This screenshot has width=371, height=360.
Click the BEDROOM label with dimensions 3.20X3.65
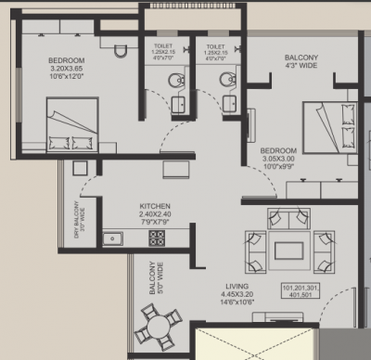tap(67, 62)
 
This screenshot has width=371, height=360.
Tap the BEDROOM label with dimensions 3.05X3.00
tap(278, 149)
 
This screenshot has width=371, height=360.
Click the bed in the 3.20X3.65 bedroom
tap(71, 132)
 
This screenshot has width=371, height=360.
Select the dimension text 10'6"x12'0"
tap(67, 78)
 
